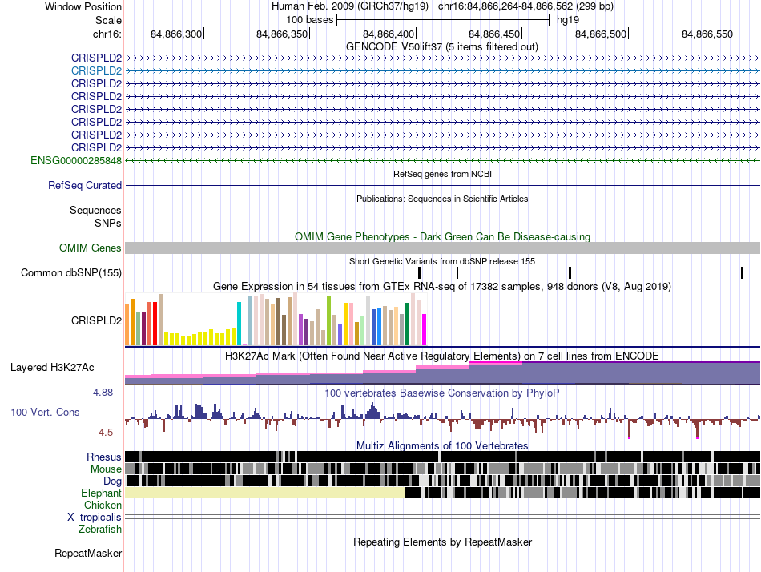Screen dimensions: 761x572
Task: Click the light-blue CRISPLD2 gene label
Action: (x=96, y=70)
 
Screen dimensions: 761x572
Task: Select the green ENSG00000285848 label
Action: (x=76, y=161)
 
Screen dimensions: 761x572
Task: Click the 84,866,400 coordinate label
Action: (x=389, y=34)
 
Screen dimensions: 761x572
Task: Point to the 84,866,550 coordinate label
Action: (x=707, y=34)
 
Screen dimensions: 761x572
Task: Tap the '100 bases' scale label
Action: (x=310, y=20)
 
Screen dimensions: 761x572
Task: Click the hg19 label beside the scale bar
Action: (x=568, y=20)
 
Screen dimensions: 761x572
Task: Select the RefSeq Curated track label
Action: (x=85, y=186)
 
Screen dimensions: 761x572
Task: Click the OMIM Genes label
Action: (x=91, y=248)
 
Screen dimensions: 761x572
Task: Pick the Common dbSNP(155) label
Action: (x=71, y=273)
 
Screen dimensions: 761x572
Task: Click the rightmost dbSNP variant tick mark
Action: (x=742, y=273)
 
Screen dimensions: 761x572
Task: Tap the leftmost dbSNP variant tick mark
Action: (x=419, y=273)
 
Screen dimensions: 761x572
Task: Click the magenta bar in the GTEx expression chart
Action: (x=425, y=330)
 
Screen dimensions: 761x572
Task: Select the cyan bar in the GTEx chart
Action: (x=239, y=324)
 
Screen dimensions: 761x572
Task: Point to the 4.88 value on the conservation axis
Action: (x=103, y=393)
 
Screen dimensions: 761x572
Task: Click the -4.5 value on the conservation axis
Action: (x=104, y=433)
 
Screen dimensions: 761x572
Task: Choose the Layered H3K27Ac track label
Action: (x=52, y=368)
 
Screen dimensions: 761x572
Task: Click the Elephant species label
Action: (x=101, y=493)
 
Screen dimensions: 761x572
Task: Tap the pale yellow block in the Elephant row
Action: (x=265, y=493)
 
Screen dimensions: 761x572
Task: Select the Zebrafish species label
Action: (x=100, y=530)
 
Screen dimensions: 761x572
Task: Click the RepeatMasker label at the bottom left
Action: (x=88, y=554)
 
